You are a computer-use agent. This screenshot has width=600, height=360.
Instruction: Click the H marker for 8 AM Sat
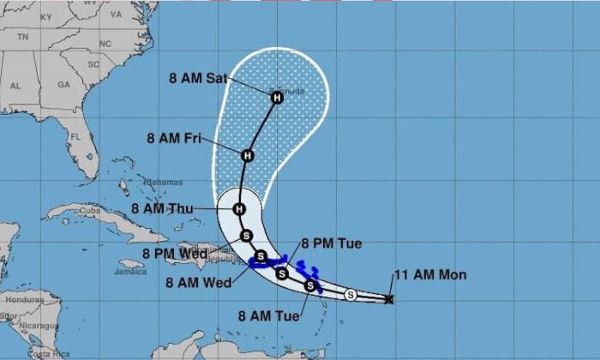[277, 98]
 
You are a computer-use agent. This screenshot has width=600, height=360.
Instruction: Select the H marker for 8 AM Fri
[248, 156]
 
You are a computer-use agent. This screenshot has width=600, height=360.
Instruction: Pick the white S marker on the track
[350, 295]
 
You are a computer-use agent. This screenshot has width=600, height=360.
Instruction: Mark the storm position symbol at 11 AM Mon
[389, 299]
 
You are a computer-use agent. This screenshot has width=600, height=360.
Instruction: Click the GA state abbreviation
[63, 85]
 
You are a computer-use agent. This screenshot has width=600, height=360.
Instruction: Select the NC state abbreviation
[105, 44]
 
